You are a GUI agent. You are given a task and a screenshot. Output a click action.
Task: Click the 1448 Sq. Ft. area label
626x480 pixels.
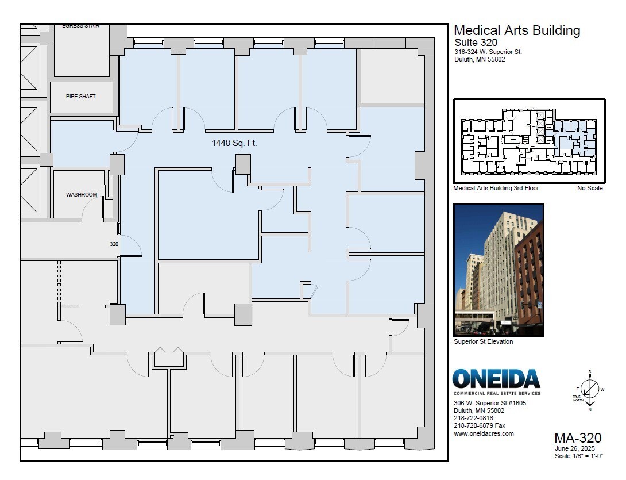[x=234, y=143]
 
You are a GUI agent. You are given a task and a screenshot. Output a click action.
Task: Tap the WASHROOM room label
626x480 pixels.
[x=82, y=195]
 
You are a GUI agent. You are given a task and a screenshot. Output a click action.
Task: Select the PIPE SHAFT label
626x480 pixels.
[x=81, y=97]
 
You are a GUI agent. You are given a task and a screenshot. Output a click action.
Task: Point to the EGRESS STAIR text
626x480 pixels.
[x=81, y=26]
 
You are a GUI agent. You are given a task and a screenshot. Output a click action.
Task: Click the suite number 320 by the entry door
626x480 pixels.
[x=114, y=244]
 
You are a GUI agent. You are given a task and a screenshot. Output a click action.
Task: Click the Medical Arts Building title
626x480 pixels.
[x=517, y=31]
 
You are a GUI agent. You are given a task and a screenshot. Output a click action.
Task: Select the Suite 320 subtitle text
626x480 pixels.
[x=476, y=43]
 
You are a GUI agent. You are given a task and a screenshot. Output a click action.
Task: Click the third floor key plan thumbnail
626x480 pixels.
[x=529, y=141]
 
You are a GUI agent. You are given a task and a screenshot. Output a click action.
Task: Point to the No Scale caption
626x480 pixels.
[x=590, y=189]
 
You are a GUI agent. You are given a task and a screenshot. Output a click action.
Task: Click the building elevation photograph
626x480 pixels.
[x=498, y=270]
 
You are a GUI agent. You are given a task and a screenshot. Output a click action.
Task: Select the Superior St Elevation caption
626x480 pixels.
[x=483, y=342]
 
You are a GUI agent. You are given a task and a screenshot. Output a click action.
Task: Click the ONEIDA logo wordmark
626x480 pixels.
[x=496, y=379]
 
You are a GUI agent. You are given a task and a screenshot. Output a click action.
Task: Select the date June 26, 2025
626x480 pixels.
[x=574, y=449]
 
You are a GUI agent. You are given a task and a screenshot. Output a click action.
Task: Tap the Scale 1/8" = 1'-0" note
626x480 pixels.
[x=578, y=456]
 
